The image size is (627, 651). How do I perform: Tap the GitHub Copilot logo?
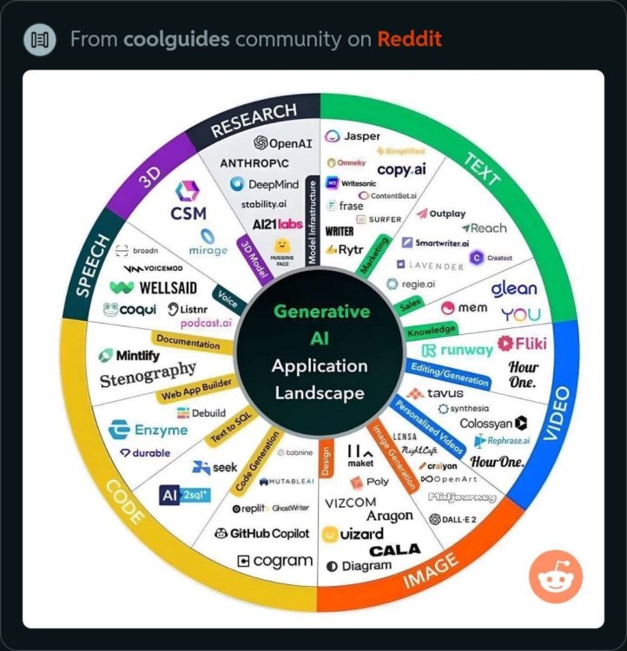tap(261, 533)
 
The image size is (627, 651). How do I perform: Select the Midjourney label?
tap(463, 497)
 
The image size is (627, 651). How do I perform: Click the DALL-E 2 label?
tap(452, 519)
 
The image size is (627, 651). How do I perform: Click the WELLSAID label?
tap(154, 287)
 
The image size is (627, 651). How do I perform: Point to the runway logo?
tap(457, 351)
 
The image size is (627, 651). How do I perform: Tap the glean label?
tap(514, 288)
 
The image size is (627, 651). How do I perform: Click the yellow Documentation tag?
tap(189, 343)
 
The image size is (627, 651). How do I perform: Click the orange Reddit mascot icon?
tap(556, 577)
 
